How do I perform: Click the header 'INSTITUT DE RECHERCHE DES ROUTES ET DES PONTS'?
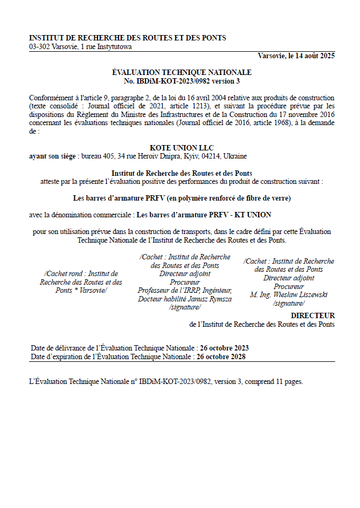(x=128, y=38)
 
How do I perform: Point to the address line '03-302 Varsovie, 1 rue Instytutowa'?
(x=80, y=47)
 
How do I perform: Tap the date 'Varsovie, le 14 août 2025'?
(x=296, y=56)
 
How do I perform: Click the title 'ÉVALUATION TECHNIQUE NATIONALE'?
(x=182, y=72)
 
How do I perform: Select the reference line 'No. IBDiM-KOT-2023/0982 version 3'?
(x=182, y=81)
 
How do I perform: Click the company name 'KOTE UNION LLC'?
(x=182, y=148)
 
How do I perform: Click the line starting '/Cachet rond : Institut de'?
(x=81, y=274)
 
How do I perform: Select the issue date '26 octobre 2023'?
(x=224, y=348)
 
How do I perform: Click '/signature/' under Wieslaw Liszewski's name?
(x=289, y=304)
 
